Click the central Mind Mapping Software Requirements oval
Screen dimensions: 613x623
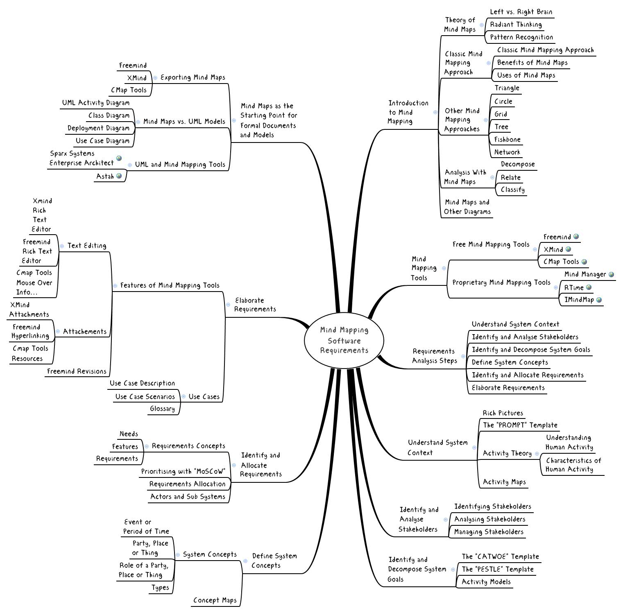point(344,340)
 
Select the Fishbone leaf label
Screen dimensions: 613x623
point(507,140)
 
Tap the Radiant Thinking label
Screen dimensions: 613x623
point(516,25)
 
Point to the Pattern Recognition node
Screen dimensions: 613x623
point(521,37)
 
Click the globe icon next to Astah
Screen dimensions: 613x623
point(119,176)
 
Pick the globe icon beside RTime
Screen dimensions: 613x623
point(589,287)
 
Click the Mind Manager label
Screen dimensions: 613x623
point(585,274)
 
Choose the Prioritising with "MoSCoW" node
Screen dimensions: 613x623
point(183,471)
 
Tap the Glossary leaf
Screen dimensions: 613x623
point(162,409)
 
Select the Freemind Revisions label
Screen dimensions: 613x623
point(77,371)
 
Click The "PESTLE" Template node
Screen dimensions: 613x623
point(498,569)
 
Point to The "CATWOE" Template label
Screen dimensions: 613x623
point(500,556)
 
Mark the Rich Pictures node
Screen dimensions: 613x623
point(503,413)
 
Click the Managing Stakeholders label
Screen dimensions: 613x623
point(489,532)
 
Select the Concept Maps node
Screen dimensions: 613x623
point(215,600)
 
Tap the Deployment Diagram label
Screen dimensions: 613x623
point(98,128)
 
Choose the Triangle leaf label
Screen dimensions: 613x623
point(507,88)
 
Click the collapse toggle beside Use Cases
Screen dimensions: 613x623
point(184,396)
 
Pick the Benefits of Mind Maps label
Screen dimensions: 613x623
point(532,63)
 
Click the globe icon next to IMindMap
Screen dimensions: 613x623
point(599,300)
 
